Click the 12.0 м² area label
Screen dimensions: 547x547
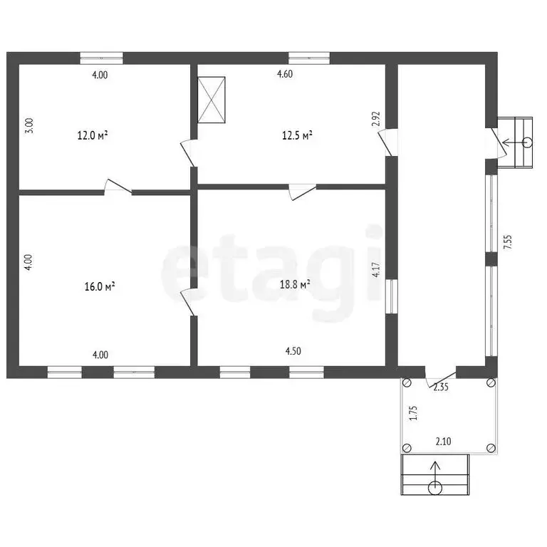[x=92, y=135]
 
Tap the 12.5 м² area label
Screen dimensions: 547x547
[x=297, y=135]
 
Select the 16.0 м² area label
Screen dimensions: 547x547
[x=100, y=286]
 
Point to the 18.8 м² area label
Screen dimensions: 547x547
[x=295, y=284]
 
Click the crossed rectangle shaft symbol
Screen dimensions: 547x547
[x=211, y=100]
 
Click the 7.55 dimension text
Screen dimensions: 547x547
[x=508, y=241]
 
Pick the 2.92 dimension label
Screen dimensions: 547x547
[x=376, y=119]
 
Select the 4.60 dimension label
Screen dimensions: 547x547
[x=285, y=74]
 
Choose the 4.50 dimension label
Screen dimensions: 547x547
[x=293, y=351]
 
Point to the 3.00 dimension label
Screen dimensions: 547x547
[x=30, y=125]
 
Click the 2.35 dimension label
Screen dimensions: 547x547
[x=441, y=387]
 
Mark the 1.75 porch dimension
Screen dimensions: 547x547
[x=413, y=412]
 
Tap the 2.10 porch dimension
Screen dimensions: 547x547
[x=443, y=442]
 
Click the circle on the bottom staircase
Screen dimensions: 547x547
[x=435, y=488]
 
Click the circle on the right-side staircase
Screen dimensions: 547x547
[x=528, y=142]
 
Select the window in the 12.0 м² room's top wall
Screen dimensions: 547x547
[x=102, y=58]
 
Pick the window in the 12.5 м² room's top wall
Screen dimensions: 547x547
[x=309, y=58]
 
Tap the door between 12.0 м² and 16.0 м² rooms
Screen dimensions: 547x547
[x=118, y=186]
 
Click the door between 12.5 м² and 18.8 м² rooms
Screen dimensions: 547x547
[x=303, y=192]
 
